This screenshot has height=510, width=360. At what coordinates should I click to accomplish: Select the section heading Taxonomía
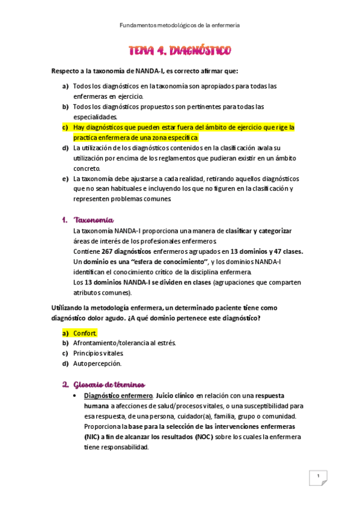[93, 220]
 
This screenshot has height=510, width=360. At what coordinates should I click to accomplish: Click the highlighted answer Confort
[85, 333]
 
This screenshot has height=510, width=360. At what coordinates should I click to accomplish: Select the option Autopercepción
[97, 363]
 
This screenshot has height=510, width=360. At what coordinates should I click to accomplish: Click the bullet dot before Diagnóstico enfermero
[73, 396]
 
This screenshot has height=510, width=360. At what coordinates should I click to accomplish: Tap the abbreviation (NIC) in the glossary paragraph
[94, 437]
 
